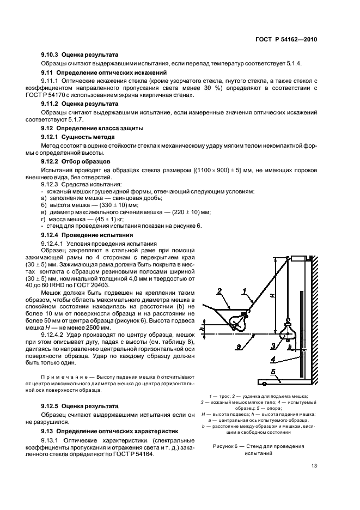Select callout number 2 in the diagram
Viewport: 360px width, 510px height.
click(x=219, y=293)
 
